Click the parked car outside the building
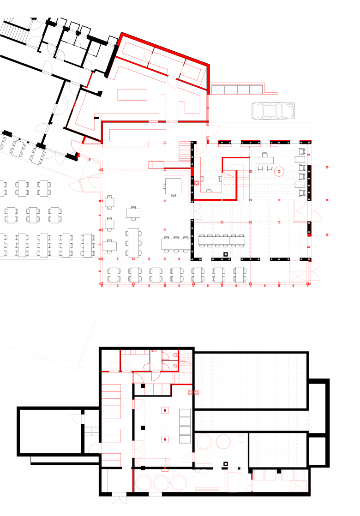pos(273,111)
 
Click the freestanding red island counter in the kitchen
pos(132,95)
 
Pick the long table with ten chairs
pos(221,239)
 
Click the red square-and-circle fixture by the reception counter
pos(197,183)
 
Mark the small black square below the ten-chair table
pos(226,254)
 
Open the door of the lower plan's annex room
pos(77,418)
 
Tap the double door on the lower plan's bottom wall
pos(119,498)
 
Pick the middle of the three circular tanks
pos(162,482)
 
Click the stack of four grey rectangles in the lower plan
pos(185,426)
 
